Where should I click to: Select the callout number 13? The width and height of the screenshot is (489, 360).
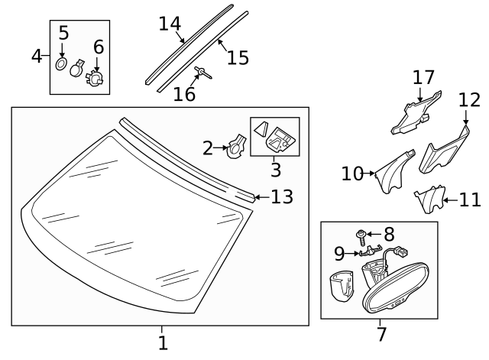(x=282, y=197)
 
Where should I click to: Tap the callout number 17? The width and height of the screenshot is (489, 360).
(x=423, y=78)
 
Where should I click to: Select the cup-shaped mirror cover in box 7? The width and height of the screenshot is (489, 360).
(x=342, y=288)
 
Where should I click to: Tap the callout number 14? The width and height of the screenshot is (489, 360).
(x=169, y=24)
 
